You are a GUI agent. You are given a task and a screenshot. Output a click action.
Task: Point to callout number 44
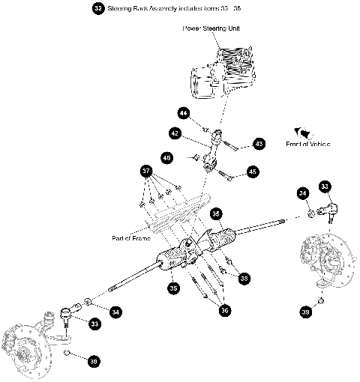[x=183, y=113]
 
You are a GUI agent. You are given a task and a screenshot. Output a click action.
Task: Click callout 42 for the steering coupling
[x=174, y=133]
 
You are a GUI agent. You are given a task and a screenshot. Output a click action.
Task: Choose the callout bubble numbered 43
[x=259, y=142]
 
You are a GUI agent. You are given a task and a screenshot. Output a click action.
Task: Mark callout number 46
[x=166, y=158]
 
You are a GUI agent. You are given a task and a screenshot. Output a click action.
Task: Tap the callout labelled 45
[x=252, y=172]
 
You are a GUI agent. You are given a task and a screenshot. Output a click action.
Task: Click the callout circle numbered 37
[x=147, y=170]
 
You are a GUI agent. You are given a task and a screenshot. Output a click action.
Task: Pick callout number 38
[x=243, y=278]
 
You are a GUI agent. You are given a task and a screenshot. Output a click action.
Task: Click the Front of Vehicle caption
[x=307, y=143]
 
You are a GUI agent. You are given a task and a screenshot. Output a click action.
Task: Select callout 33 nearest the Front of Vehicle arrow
[x=324, y=186]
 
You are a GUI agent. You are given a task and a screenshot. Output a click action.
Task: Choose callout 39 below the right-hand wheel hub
[x=305, y=311]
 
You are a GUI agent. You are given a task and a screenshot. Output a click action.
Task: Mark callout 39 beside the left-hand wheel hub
[x=93, y=362]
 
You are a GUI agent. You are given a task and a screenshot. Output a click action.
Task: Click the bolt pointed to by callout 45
[x=227, y=176]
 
